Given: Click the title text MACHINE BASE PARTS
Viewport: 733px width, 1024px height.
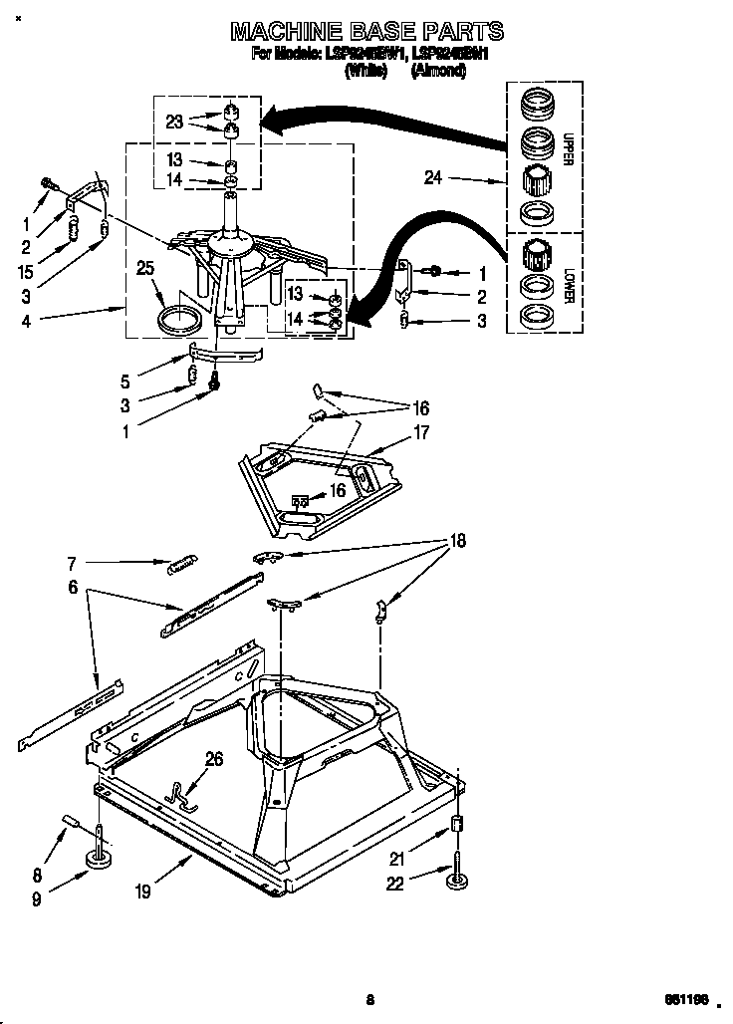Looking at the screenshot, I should [x=366, y=32].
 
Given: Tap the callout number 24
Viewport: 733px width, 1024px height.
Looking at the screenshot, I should [x=432, y=179].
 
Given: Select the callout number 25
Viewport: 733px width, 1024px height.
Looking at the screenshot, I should [x=146, y=267].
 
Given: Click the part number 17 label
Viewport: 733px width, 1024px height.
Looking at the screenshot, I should [x=420, y=432].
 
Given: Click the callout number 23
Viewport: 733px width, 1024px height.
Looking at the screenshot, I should [x=174, y=122].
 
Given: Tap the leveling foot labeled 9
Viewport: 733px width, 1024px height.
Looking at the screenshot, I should [x=100, y=857].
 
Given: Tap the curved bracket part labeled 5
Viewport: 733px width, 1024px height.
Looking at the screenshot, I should [x=224, y=351].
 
